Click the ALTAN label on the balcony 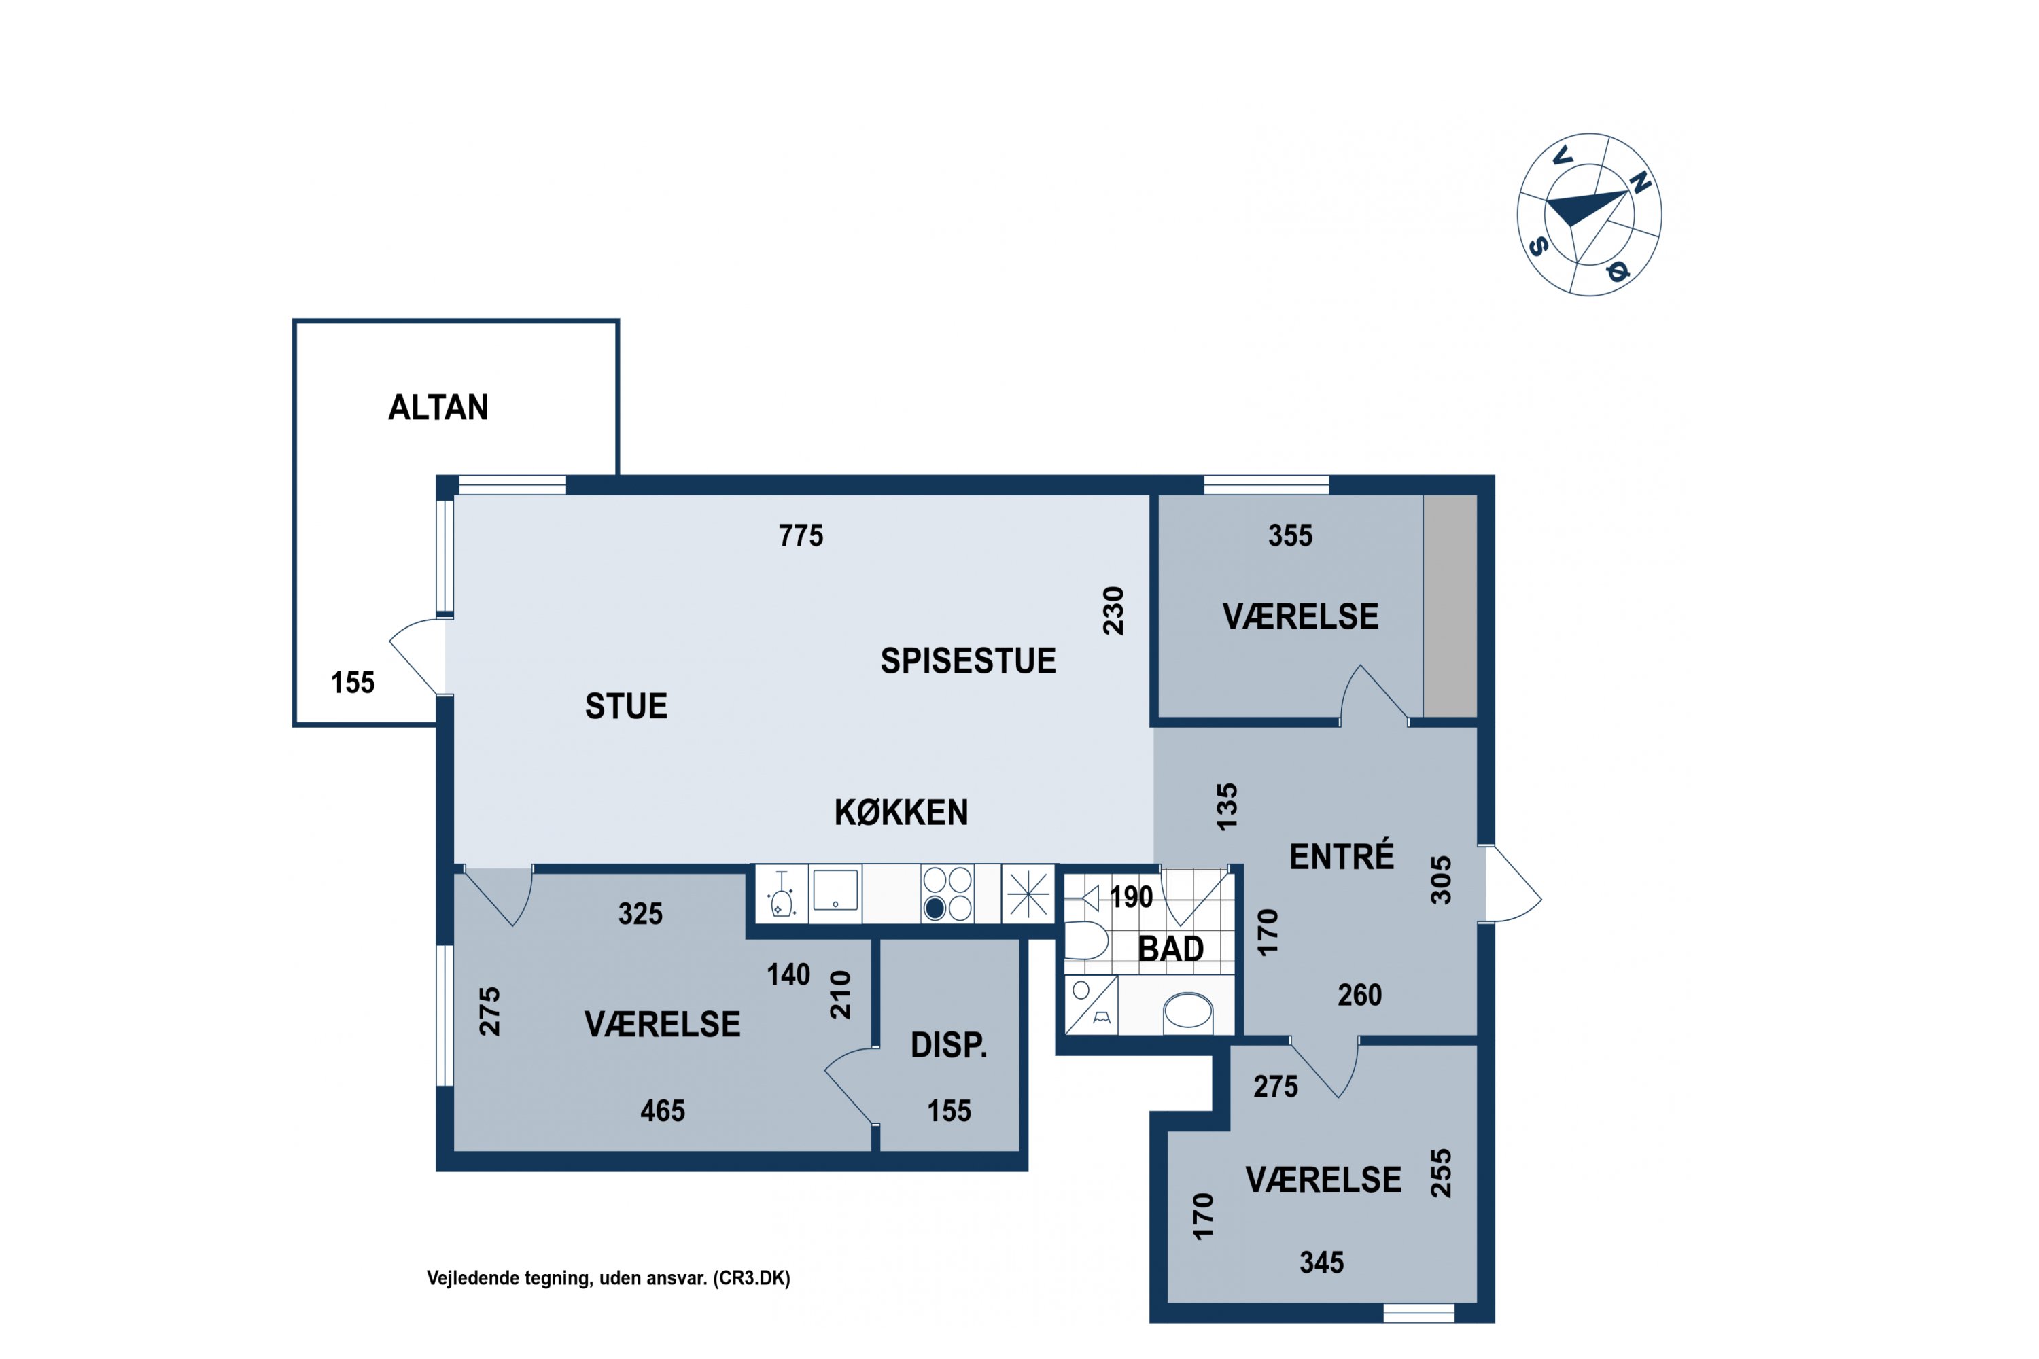point(438,407)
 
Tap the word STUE point(626,707)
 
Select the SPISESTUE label point(969,661)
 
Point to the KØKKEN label point(901,812)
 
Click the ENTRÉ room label point(1341,856)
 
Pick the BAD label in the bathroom point(1170,949)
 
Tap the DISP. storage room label point(948,1046)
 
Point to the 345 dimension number point(1321,1263)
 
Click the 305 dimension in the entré point(1440,881)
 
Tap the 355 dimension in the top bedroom point(1290,535)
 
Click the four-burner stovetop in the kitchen point(947,894)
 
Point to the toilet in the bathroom point(1085,940)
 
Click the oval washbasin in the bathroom point(1187,1010)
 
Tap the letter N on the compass point(1639,183)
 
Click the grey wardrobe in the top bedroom point(1450,606)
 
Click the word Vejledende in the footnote point(466,1278)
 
